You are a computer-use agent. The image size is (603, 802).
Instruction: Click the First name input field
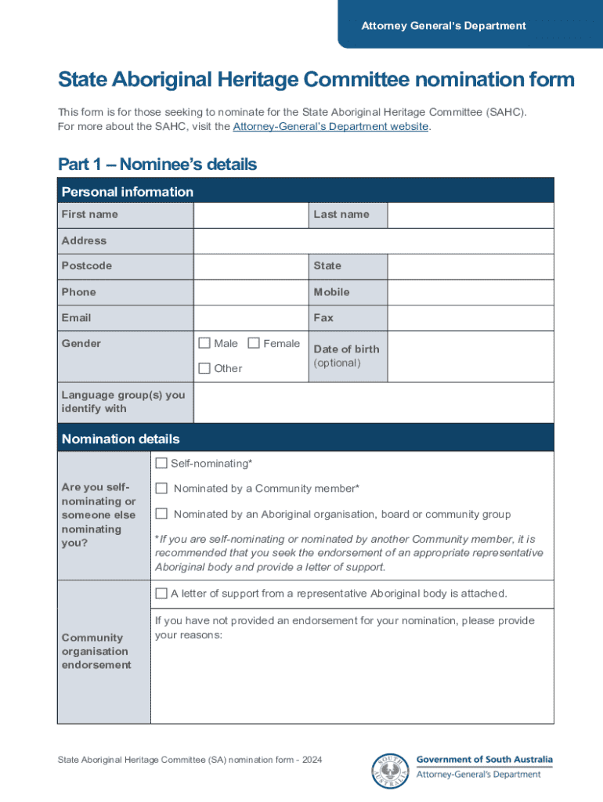[251, 215]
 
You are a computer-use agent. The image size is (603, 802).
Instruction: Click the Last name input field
[470, 215]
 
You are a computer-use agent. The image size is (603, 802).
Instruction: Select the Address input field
[373, 241]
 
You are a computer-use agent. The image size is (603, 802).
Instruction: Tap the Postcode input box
[251, 266]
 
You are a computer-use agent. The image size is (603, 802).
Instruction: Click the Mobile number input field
[470, 292]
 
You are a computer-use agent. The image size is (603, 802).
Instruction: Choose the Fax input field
[470, 318]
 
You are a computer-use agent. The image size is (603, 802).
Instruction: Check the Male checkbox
[204, 343]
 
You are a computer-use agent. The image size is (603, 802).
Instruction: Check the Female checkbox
[254, 343]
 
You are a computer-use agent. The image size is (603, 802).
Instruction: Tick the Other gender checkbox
[204, 368]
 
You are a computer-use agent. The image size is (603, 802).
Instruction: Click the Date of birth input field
[470, 356]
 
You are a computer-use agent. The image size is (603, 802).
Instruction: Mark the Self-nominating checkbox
[161, 464]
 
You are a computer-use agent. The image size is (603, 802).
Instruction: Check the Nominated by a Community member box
[161, 489]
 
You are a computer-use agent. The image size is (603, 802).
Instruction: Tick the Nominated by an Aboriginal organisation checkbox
[161, 514]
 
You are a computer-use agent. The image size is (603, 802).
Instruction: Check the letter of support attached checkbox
[161, 594]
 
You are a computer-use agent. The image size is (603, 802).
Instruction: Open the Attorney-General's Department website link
[330, 126]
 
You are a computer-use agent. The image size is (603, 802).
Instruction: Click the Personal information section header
[128, 192]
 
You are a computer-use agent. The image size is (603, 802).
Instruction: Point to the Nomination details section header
[121, 439]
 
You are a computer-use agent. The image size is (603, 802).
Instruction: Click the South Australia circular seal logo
[391, 771]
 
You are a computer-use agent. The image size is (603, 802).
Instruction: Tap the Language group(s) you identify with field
[373, 402]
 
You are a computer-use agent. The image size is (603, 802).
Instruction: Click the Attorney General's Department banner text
[443, 26]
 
